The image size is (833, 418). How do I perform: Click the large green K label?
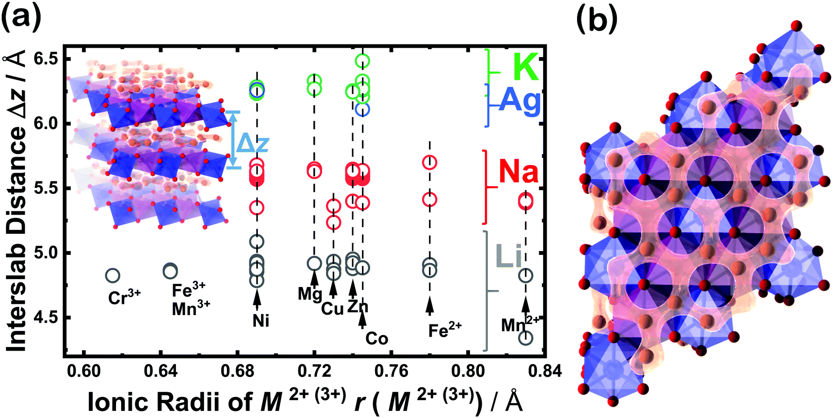click(x=526, y=67)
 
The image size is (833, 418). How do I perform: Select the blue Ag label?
click(x=520, y=101)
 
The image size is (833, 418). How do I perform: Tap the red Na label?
click(x=518, y=171)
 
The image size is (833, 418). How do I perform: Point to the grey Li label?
click(x=509, y=256)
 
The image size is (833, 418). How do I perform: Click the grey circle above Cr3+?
click(x=112, y=275)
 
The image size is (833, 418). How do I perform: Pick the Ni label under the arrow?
click(x=261, y=321)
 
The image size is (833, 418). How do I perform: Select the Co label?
click(x=377, y=338)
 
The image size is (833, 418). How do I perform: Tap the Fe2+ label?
click(x=444, y=330)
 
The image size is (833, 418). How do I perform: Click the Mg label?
click(x=310, y=294)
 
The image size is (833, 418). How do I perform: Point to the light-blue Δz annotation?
click(x=252, y=144)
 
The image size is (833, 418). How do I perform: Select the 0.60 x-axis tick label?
click(x=84, y=371)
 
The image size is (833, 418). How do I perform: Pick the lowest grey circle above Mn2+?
click(x=525, y=338)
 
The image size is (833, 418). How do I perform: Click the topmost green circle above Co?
click(x=362, y=60)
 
